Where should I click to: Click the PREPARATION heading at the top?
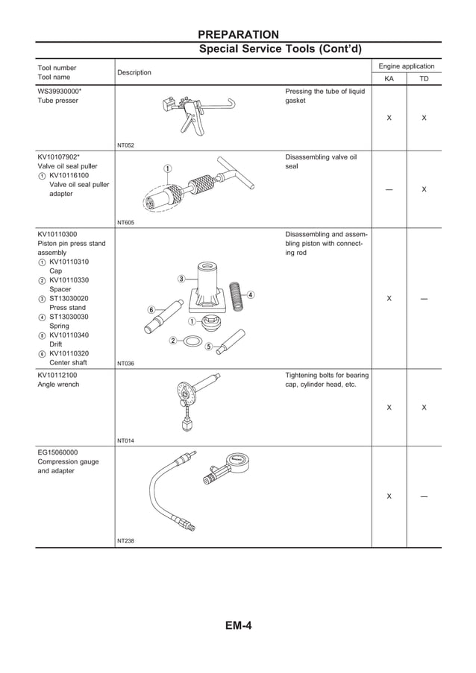pos(238,34)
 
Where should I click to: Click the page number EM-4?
pos(238,625)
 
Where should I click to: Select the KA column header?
pos(389,78)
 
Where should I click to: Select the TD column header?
pos(423,78)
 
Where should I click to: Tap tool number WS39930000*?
pos(60,91)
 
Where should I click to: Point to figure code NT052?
pos(125,145)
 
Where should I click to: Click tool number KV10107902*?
pos(60,157)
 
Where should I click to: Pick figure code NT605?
pos(125,222)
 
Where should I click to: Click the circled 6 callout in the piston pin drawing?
pos(151,309)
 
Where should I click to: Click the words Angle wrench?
pos(58,385)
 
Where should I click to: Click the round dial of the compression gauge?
pos(239,466)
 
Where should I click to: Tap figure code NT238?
pos(125,541)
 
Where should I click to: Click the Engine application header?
pos(407,66)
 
